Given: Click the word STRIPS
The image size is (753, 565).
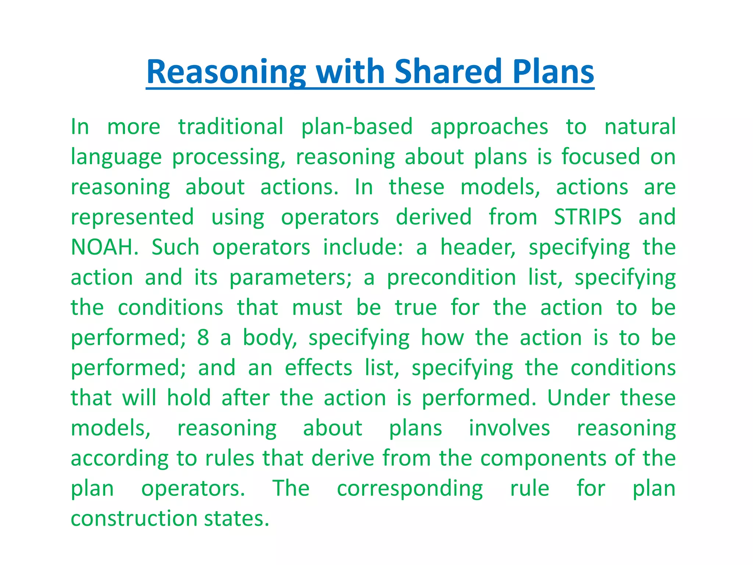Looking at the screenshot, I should pyautogui.click(x=588, y=217).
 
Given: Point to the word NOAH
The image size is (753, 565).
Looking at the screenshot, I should pyautogui.click(x=104, y=247).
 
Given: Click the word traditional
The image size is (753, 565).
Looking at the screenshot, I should pyautogui.click(x=231, y=127).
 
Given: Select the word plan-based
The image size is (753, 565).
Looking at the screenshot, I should pyautogui.click(x=357, y=127).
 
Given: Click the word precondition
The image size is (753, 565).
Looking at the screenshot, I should pyautogui.click(x=452, y=277).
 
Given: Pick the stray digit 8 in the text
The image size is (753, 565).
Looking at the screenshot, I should pyautogui.click(x=203, y=338).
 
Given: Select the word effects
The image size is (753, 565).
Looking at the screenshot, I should pyautogui.click(x=318, y=368).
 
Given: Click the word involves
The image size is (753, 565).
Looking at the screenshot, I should pyautogui.click(x=509, y=428).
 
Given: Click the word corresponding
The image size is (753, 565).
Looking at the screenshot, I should pyautogui.click(x=410, y=488).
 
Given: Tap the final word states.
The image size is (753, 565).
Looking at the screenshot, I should pyautogui.click(x=237, y=519).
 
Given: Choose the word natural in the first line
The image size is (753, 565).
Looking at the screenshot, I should pyautogui.click(x=640, y=127).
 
